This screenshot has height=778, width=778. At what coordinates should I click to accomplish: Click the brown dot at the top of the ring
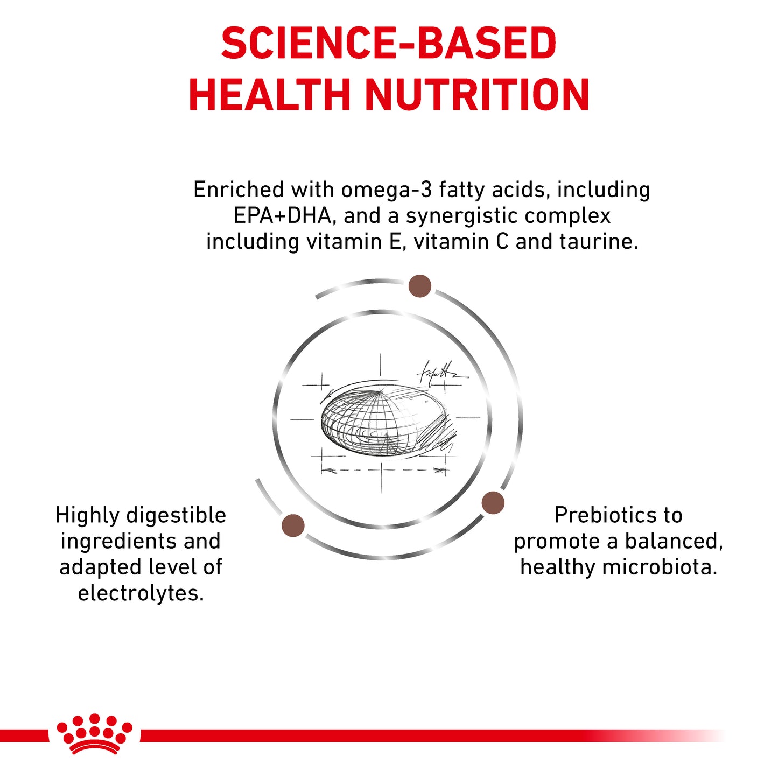[x=419, y=286]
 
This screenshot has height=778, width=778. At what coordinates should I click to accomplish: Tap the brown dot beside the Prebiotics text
[x=493, y=503]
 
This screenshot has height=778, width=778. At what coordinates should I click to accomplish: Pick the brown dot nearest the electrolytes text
[x=293, y=525]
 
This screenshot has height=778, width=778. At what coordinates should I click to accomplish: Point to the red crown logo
[x=95, y=733]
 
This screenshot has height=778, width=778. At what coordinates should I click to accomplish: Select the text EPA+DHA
[x=282, y=216]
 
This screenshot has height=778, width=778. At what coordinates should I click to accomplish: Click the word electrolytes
[x=141, y=593]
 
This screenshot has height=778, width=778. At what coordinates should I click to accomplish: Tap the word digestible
[x=176, y=515]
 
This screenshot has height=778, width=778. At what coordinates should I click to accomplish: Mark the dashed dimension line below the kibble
[x=383, y=471]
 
